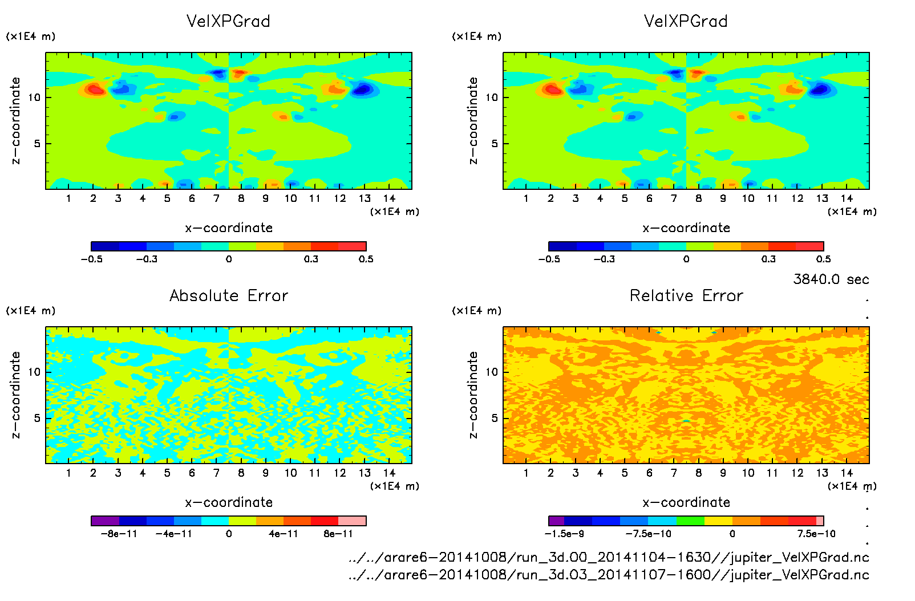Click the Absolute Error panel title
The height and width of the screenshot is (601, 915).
tap(229, 295)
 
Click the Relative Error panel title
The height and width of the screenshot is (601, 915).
tap(686, 295)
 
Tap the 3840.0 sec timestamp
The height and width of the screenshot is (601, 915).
tap(831, 279)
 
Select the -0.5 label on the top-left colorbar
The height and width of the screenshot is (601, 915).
tap(91, 259)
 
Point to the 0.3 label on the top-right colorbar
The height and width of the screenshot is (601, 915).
tap(768, 259)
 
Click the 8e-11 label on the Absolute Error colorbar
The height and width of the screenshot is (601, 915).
tap(338, 534)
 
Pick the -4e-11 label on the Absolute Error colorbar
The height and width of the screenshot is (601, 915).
tap(174, 534)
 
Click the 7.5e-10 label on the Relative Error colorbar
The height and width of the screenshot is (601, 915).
tap(816, 534)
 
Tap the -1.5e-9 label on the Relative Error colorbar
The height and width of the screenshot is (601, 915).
tap(564, 534)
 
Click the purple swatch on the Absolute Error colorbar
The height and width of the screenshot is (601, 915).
tap(105, 521)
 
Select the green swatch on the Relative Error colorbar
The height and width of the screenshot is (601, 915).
tap(690, 521)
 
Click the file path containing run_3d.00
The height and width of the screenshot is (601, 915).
tap(609, 557)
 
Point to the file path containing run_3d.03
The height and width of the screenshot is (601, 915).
tap(609, 575)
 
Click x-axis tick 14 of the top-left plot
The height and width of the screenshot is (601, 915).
tap(389, 198)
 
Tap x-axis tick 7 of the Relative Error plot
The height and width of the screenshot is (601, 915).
tap(674, 473)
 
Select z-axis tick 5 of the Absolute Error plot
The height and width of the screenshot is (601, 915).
tap(37, 418)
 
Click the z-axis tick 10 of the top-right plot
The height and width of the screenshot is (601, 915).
tap(492, 97)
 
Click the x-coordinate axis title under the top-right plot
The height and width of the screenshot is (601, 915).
tap(686, 228)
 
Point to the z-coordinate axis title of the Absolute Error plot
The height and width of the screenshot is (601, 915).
tap(15, 395)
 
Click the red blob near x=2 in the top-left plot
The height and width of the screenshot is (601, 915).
tap(96, 90)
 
